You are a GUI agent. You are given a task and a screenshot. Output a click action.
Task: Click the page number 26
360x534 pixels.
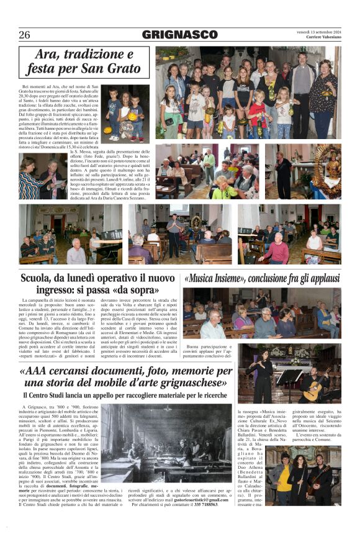coord(24,35)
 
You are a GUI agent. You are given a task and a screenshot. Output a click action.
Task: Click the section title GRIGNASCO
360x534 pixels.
coord(180,35)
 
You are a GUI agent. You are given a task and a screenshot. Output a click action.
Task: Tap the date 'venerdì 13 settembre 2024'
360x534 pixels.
coord(319,32)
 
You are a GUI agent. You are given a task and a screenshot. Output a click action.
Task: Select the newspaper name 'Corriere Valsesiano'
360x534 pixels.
coord(323,38)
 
